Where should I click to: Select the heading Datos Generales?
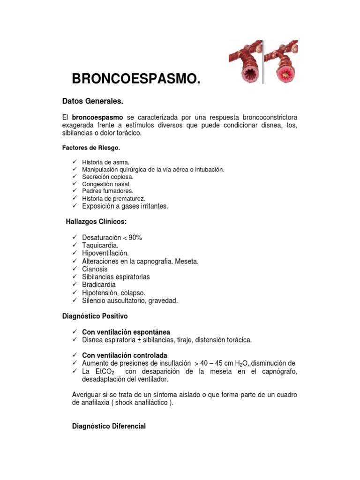pos(93,101)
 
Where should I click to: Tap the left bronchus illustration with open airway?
pos(245,62)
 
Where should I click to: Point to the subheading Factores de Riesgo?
pos(91,148)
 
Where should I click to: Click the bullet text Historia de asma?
pos(105,162)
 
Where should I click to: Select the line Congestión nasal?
pos(106,184)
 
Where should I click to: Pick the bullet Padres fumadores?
pos(107,191)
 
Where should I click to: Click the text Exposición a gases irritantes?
pos(125,206)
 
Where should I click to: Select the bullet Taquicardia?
pos(100,246)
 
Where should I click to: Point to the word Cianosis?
pos(95,269)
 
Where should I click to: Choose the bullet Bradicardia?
pos(99,285)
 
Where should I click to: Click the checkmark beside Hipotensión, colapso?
pos(75,292)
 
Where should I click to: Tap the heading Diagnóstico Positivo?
pos(95,316)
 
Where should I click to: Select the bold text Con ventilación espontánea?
pos(126,332)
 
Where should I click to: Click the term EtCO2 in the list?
pos(101,371)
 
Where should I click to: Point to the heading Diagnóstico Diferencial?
pos(109,426)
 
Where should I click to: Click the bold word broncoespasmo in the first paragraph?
pos(97,117)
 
